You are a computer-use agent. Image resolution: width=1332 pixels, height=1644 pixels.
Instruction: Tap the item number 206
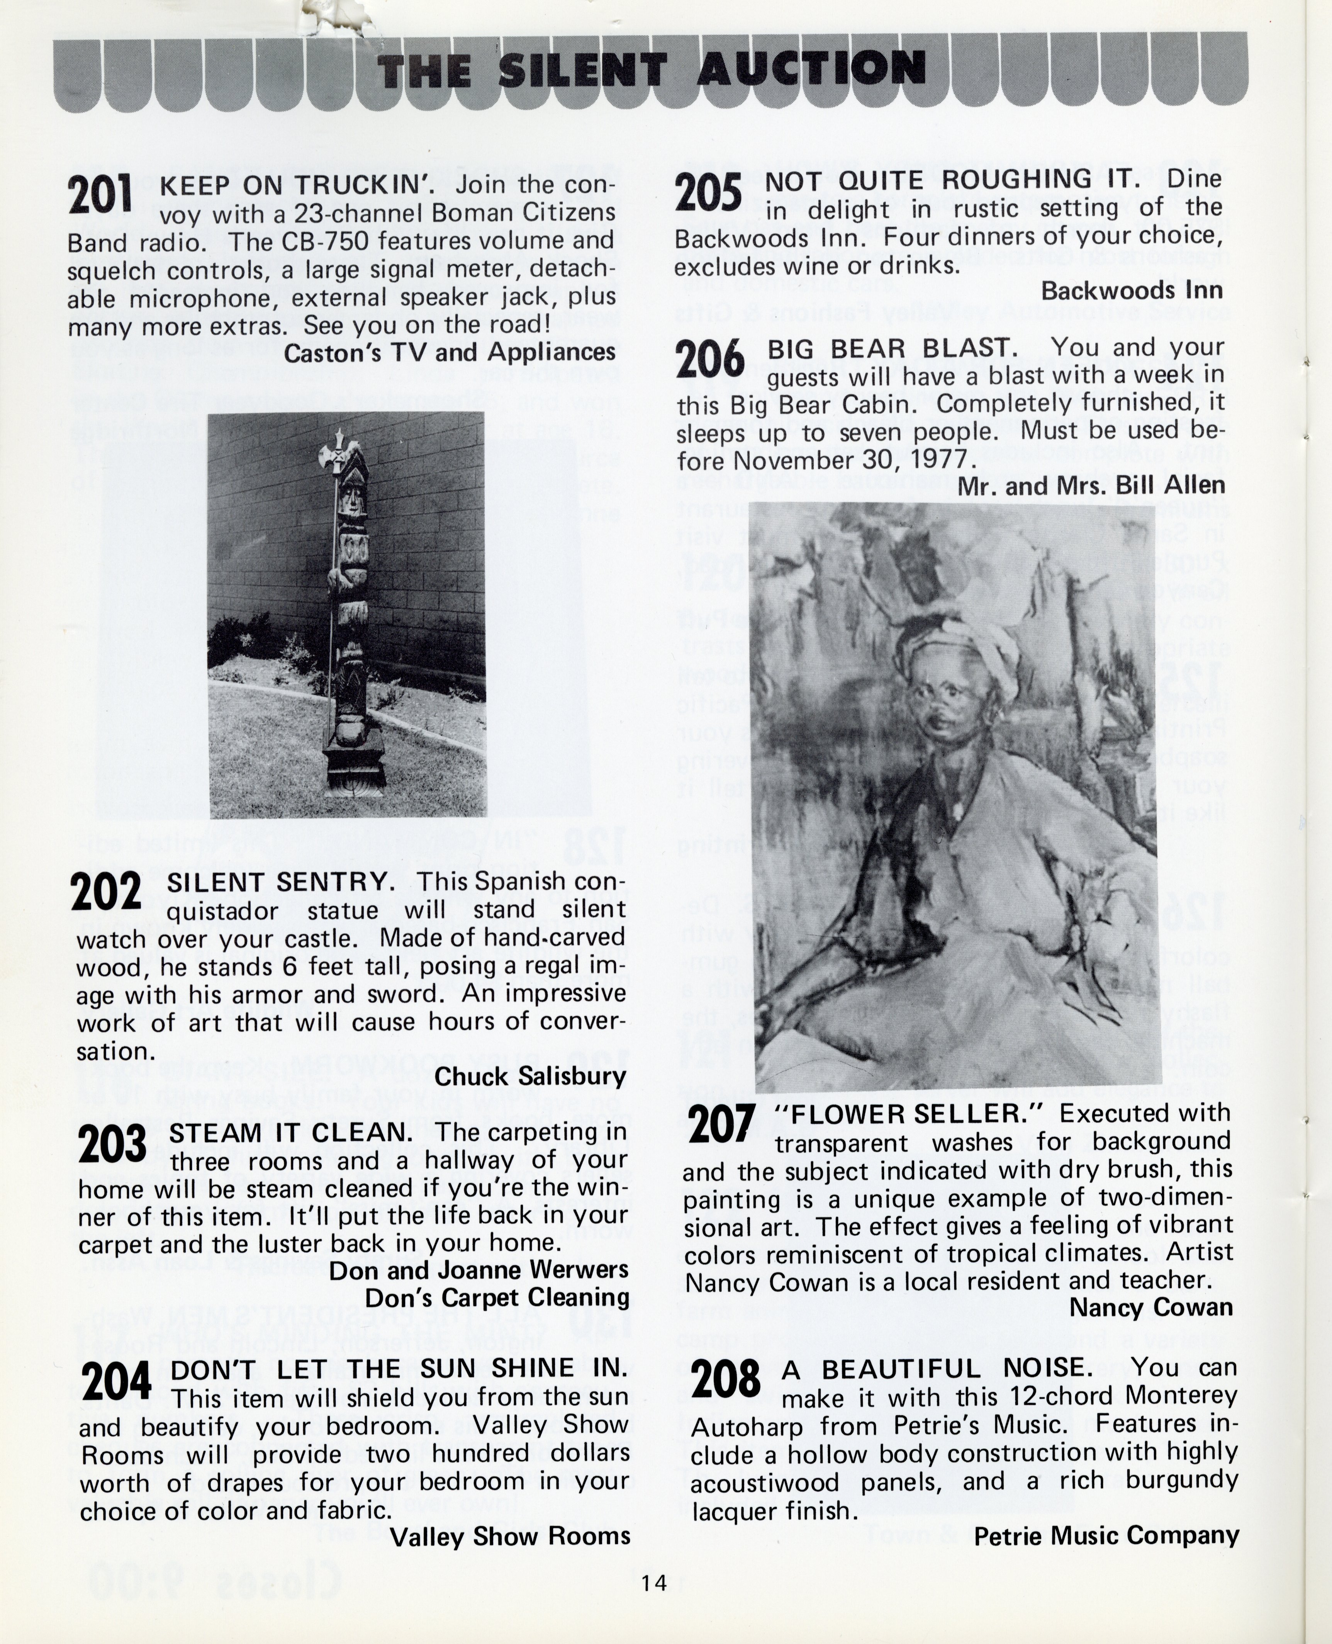coord(710,359)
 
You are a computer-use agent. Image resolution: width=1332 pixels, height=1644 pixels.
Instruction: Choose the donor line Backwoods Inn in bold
coord(1132,291)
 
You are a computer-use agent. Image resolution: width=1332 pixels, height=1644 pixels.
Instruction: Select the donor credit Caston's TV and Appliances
coord(449,352)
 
